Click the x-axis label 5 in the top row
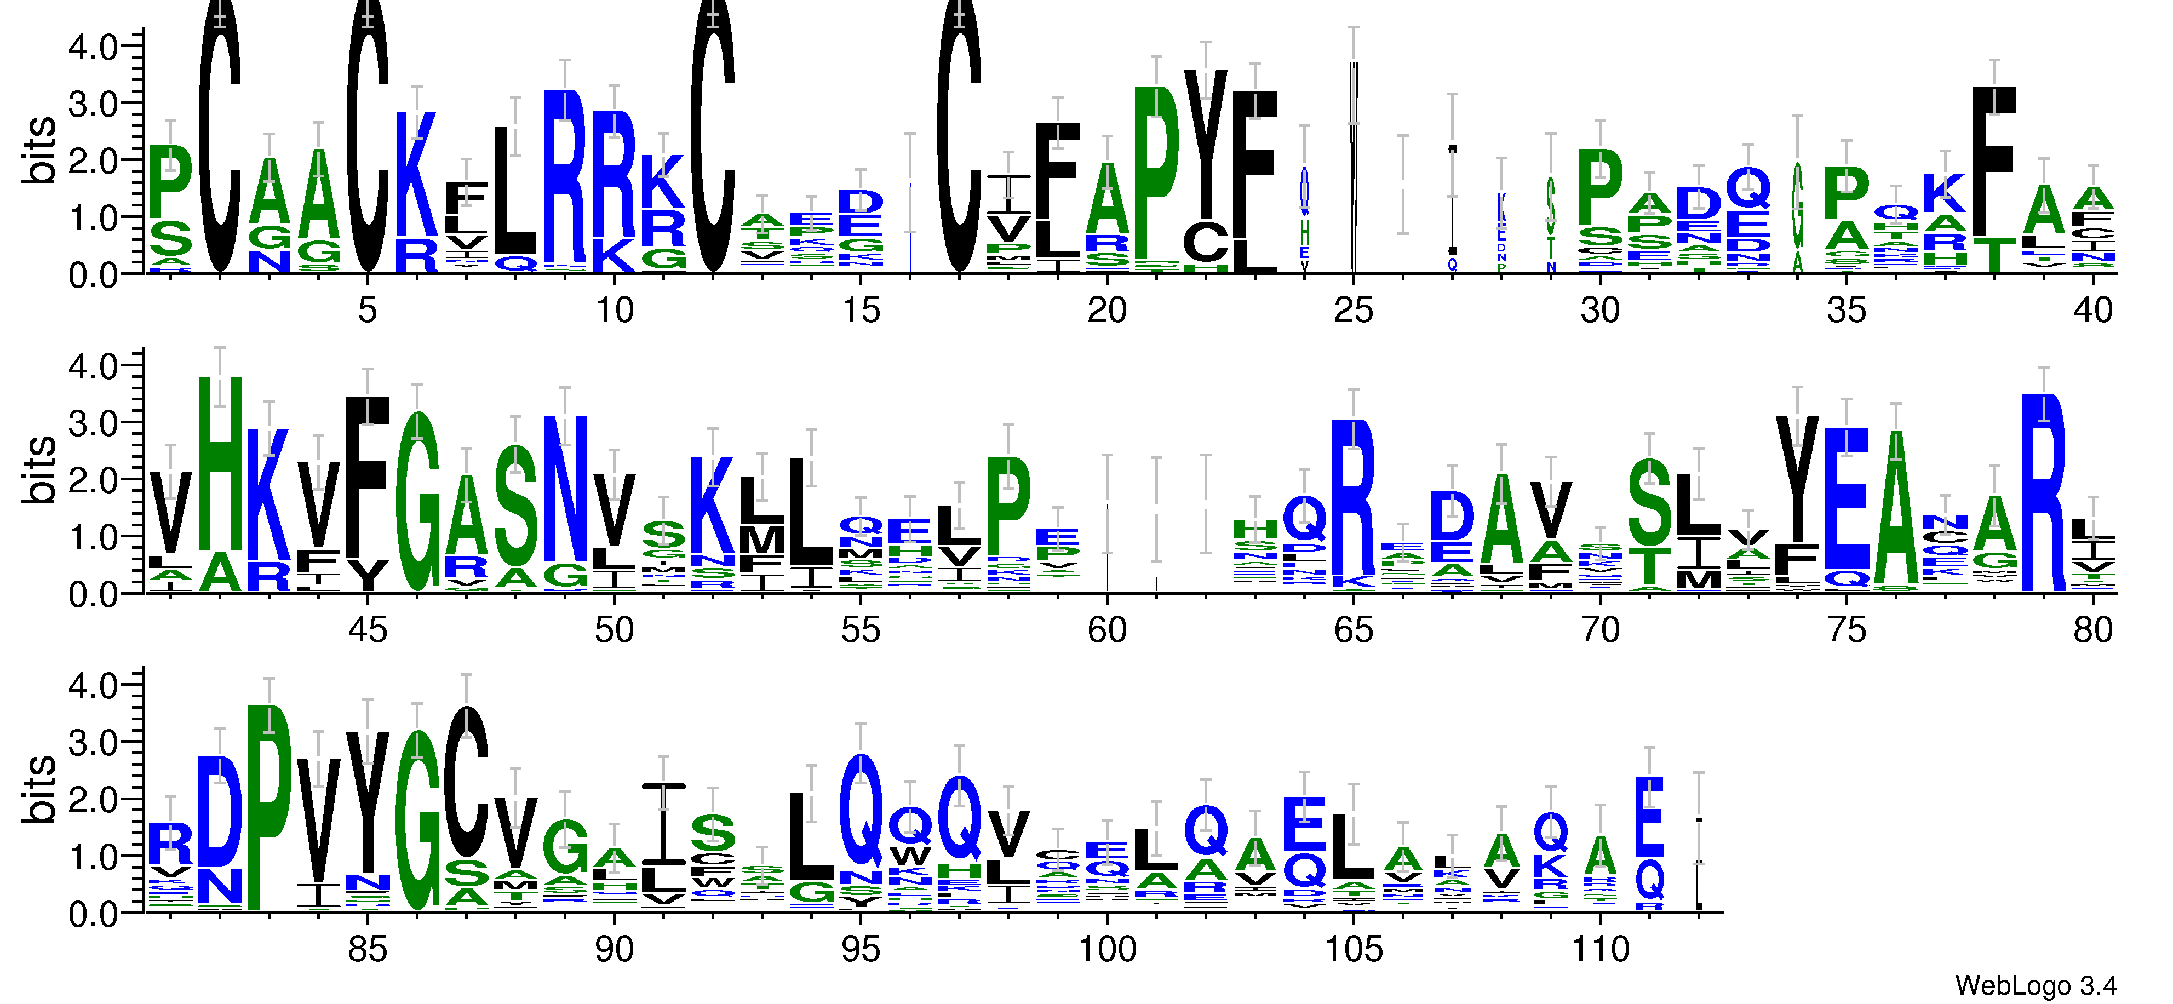367,311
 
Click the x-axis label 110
1599,950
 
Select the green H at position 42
219,464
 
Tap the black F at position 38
1994,160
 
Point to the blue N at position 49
564,489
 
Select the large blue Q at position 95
861,810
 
